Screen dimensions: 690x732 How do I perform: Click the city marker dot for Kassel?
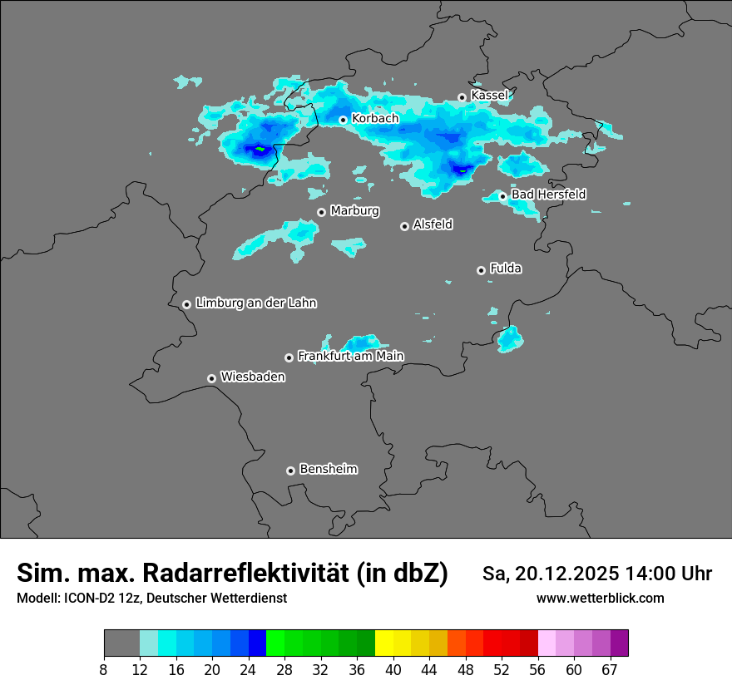(x=462, y=97)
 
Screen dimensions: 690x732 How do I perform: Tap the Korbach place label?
(x=375, y=119)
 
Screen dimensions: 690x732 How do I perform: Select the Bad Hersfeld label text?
(x=548, y=195)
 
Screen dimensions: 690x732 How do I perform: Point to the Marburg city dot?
(x=321, y=212)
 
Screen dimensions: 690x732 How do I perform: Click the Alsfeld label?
(x=433, y=224)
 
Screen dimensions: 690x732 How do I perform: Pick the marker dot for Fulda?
(x=481, y=270)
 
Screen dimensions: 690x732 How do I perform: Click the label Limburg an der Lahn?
(x=255, y=303)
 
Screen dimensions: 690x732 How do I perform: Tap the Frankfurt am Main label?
(x=350, y=356)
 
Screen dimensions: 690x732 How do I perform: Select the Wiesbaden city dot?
(x=211, y=378)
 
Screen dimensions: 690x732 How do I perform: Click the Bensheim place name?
(x=328, y=469)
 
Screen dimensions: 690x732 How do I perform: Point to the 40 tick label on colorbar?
(x=393, y=670)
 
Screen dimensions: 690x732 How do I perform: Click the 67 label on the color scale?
(x=610, y=670)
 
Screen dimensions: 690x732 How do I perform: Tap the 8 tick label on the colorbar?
(x=104, y=670)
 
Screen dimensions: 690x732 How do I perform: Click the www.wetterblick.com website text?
(x=600, y=598)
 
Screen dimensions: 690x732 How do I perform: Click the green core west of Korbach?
(x=260, y=149)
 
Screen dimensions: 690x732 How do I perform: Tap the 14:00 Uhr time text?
(x=658, y=574)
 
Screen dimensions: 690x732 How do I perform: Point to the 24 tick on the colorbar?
(x=248, y=670)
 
